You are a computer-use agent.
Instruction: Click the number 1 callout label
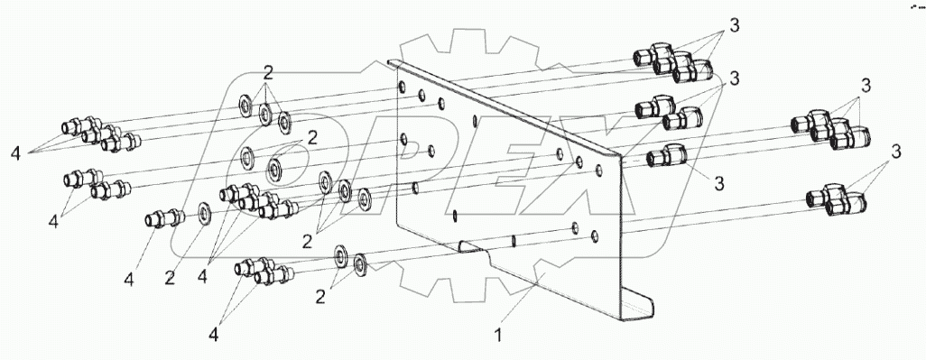click(x=498, y=336)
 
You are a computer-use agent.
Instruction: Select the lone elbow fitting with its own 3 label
click(x=667, y=157)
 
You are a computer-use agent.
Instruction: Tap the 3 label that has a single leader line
click(x=718, y=183)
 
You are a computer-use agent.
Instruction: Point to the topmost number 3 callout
click(x=734, y=25)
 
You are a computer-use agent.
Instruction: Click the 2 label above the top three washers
click(x=268, y=73)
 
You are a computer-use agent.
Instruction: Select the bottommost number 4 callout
click(x=213, y=334)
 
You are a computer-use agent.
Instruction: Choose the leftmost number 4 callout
click(x=15, y=154)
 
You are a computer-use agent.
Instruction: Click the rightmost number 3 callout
click(x=896, y=152)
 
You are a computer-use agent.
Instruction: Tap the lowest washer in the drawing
click(x=359, y=265)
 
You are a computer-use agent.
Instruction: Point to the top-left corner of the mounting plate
click(x=388, y=60)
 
